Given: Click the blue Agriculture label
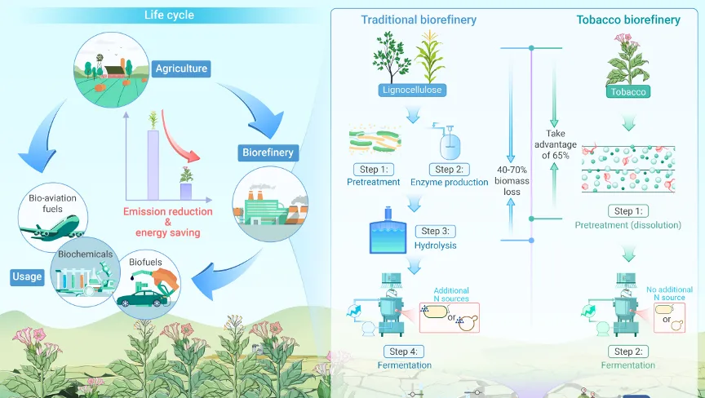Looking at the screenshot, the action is pos(181,69).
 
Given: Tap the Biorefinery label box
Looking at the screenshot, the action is pos(268,153).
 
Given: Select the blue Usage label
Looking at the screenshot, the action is pos(28,276).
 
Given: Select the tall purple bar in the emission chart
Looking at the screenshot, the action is pos(153,165).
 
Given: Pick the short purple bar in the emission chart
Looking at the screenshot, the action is pos(186,192).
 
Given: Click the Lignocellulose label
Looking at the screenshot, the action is pos(412,90).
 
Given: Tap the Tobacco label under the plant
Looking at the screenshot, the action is pos(628,91).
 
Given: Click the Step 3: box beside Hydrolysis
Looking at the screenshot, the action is pos(435,232).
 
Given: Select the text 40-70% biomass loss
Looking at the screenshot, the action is pos(512,180).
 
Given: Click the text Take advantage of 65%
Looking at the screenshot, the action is pos(556,144).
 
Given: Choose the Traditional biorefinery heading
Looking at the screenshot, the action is pos(419,20).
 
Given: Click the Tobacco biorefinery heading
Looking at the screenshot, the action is pos(628,20).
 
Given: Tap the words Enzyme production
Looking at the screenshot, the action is pos(449,182).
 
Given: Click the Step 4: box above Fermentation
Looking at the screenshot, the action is pos(404,352).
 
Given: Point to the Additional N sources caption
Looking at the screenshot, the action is pos(451,294).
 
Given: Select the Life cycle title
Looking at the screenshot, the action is pos(169,15).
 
